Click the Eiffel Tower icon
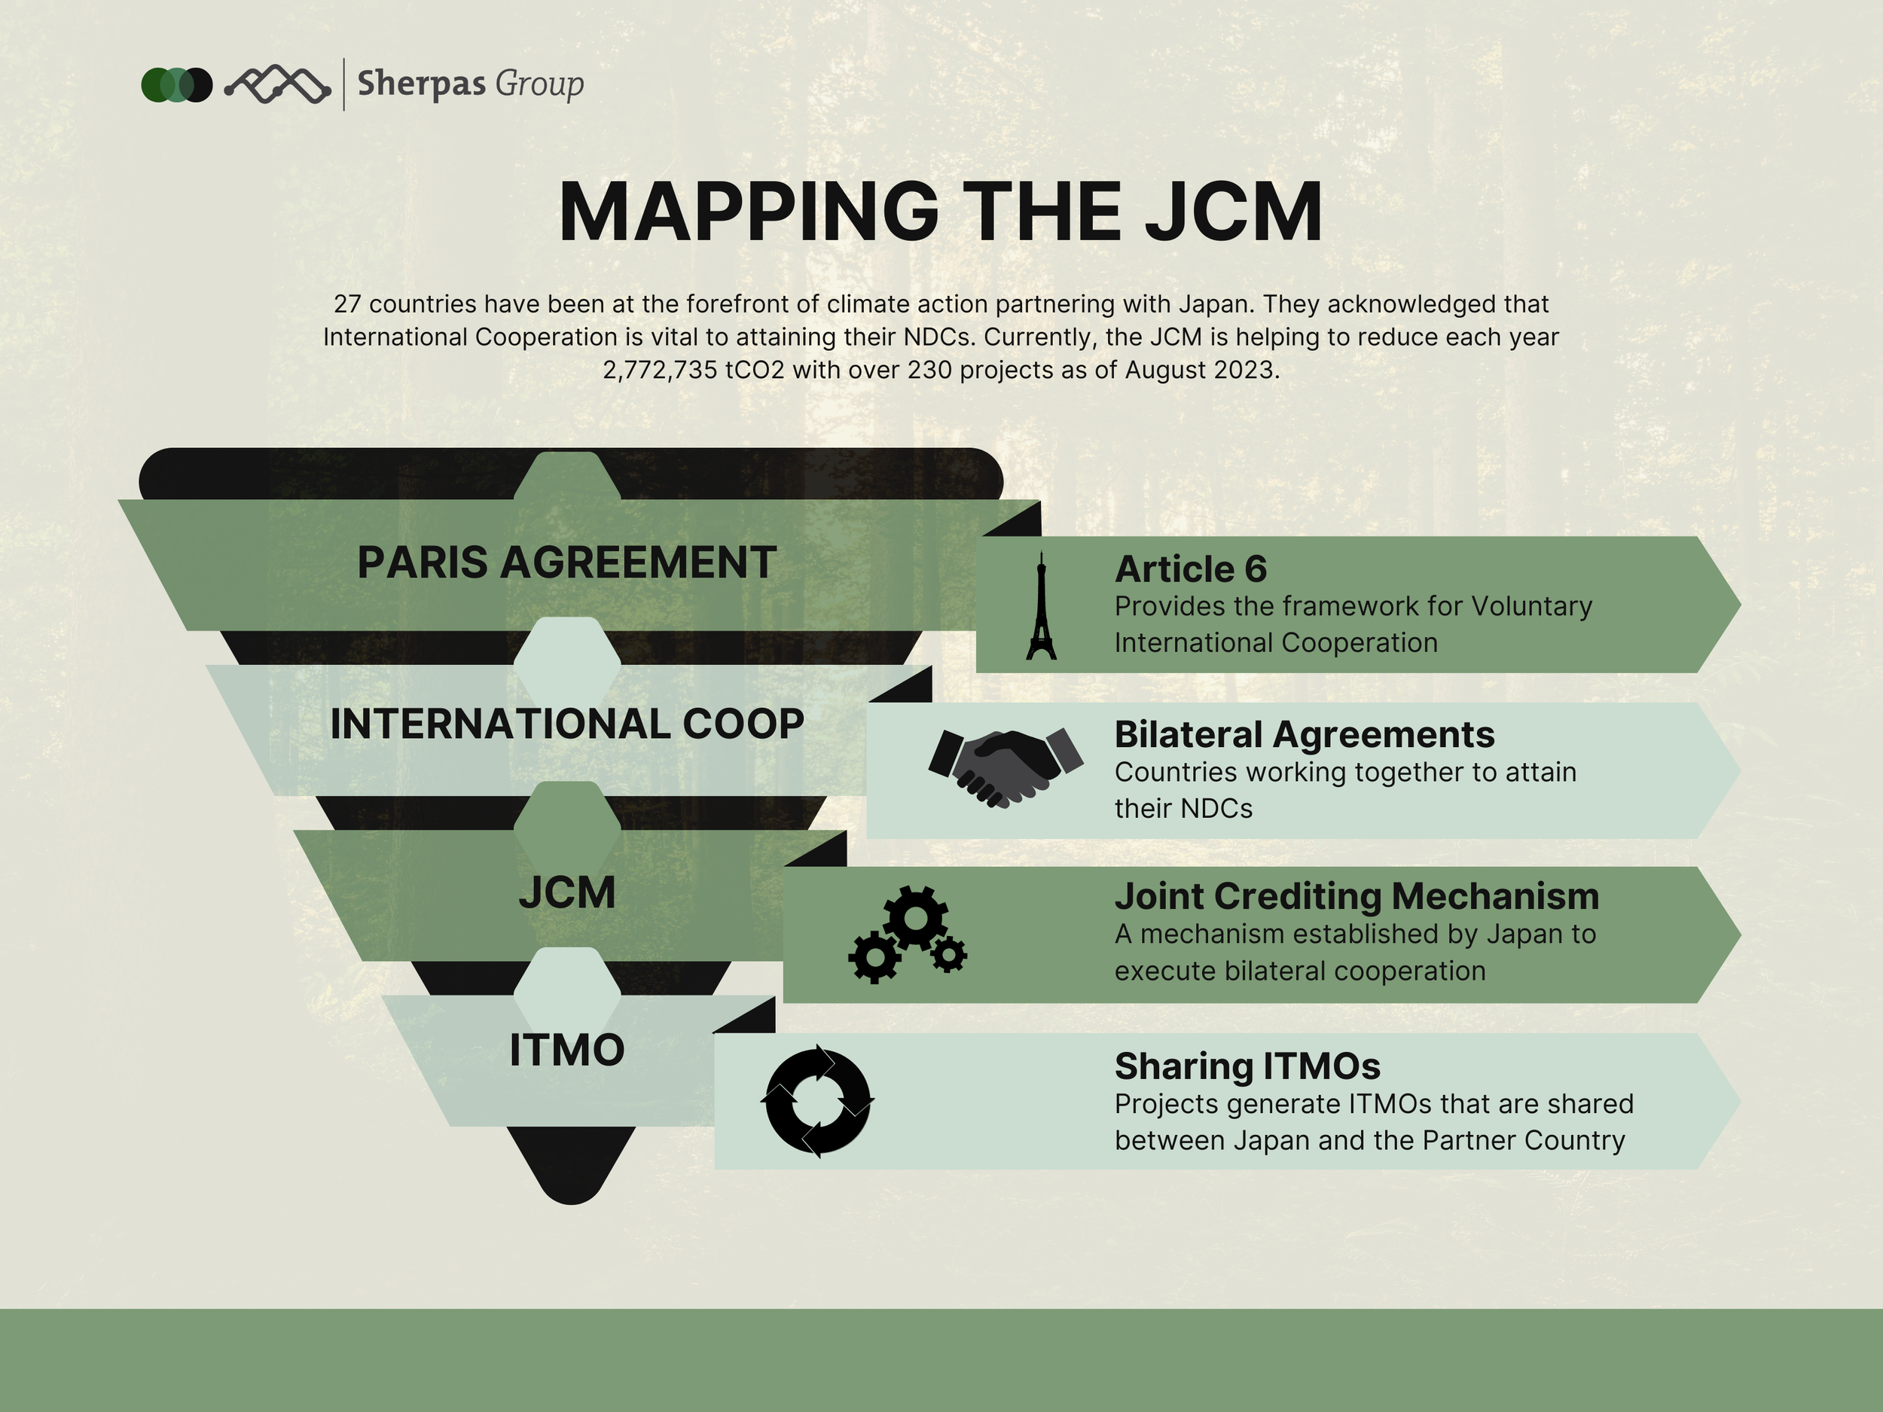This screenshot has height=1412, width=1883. click(1040, 606)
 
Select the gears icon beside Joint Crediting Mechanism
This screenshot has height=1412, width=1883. click(908, 935)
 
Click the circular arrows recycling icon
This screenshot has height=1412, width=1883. click(817, 1100)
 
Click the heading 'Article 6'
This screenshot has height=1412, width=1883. click(1190, 569)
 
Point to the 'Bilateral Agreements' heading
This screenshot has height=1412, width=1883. click(1304, 733)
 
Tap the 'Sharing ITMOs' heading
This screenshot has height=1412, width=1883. click(1247, 1066)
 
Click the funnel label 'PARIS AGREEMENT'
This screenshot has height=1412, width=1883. click(566, 563)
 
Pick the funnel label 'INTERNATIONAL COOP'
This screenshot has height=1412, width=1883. click(567, 724)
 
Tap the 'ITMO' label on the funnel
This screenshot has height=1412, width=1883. click(567, 1051)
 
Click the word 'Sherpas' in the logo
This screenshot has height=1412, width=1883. click(421, 84)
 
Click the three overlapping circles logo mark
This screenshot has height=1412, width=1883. click(176, 85)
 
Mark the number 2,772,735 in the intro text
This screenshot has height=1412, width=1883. click(660, 371)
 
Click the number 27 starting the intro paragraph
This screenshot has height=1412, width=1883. click(346, 303)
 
